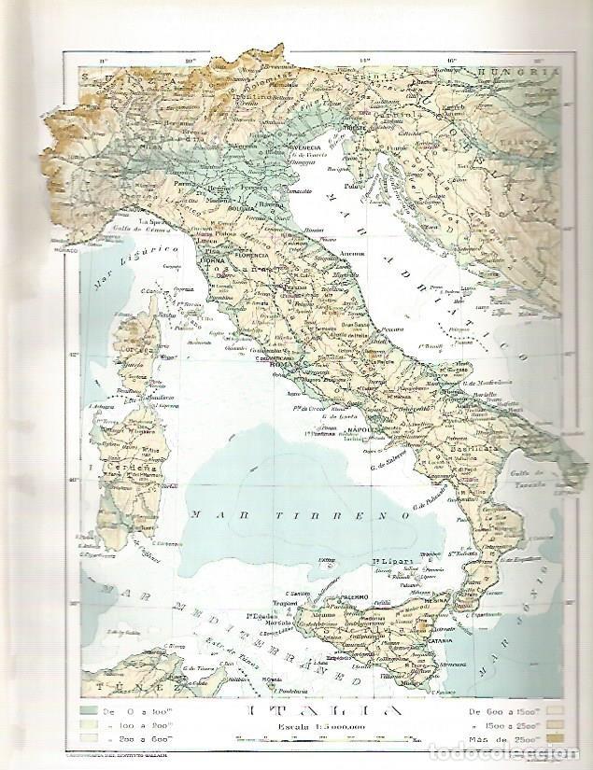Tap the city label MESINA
click(452, 603)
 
